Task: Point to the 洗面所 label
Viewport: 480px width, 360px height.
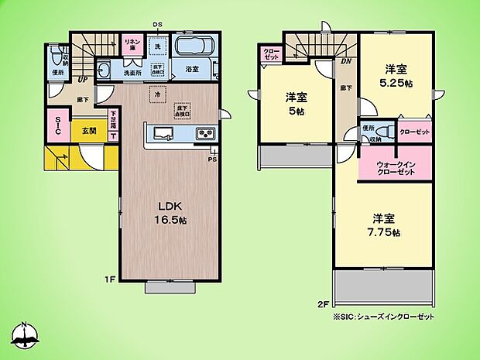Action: pyautogui.click(x=134, y=74)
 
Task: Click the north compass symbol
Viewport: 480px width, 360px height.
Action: pyautogui.click(x=26, y=335)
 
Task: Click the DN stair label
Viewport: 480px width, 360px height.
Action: pyautogui.click(x=345, y=61)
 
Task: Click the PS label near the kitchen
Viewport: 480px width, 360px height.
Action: pyautogui.click(x=211, y=159)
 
